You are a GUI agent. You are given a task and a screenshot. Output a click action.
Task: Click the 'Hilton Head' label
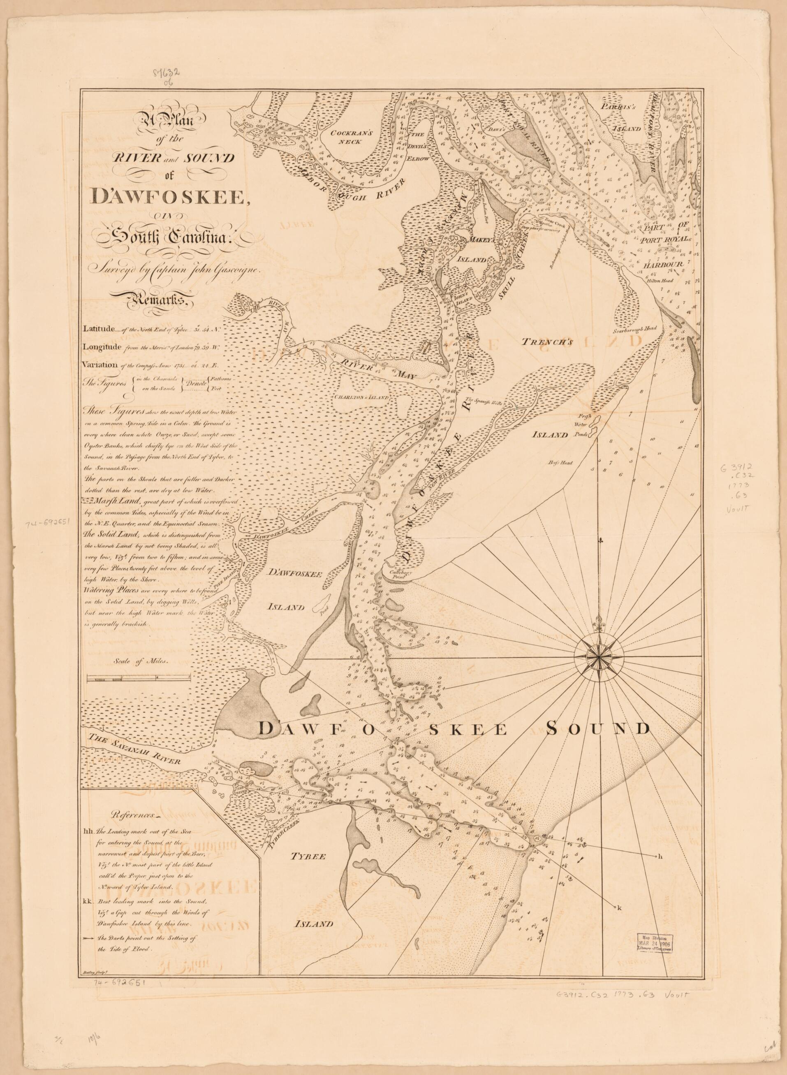pos(659,281)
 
